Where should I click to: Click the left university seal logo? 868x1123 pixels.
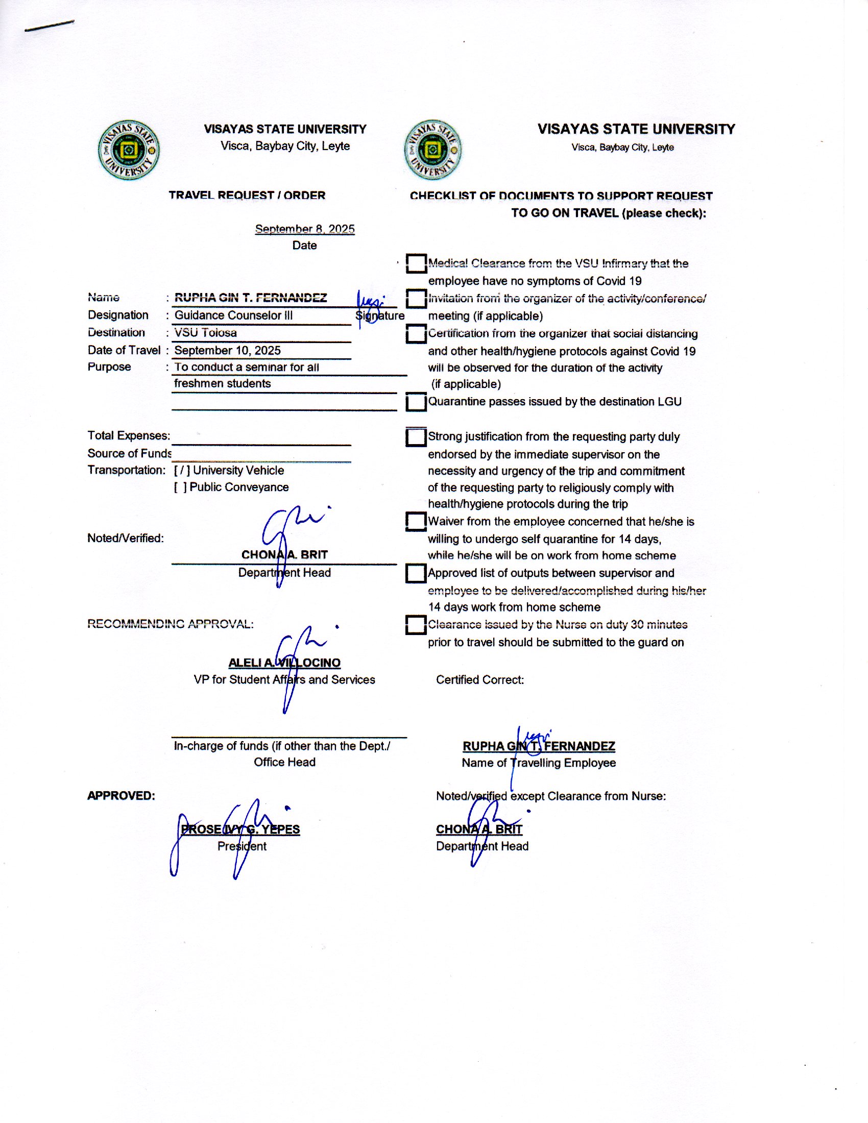pyautogui.click(x=129, y=150)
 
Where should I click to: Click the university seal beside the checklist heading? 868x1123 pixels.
pyautogui.click(x=432, y=150)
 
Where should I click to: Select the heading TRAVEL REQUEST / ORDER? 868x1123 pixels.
pyautogui.click(x=247, y=196)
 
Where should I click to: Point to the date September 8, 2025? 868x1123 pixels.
pyautogui.click(x=304, y=229)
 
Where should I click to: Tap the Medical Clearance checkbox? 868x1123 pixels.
pyautogui.click(x=416, y=263)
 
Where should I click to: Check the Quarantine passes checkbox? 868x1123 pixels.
pyautogui.click(x=416, y=402)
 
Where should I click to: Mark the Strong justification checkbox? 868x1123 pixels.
pyautogui.click(x=416, y=437)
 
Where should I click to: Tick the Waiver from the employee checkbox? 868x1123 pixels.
pyautogui.click(x=416, y=521)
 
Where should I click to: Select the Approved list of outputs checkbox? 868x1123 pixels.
pyautogui.click(x=416, y=573)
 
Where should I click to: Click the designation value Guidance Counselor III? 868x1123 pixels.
pyautogui.click(x=233, y=315)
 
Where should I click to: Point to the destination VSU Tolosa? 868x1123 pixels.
pyautogui.click(x=206, y=333)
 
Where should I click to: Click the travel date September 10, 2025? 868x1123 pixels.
pyautogui.click(x=227, y=350)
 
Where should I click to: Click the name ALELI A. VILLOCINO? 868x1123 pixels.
pyautogui.click(x=284, y=663)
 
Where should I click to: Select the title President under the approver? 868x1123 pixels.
pyautogui.click(x=242, y=846)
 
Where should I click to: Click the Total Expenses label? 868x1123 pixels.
pyautogui.click(x=129, y=435)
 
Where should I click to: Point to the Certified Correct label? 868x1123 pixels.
pyautogui.click(x=480, y=680)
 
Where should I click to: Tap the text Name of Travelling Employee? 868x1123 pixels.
pyautogui.click(x=538, y=763)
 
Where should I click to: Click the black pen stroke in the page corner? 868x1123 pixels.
pyautogui.click(x=50, y=26)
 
